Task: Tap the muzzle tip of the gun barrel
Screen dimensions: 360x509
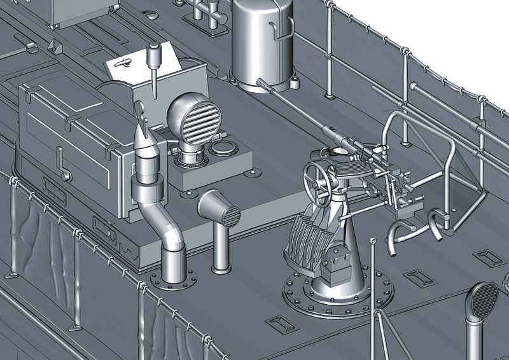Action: [x=260, y=81]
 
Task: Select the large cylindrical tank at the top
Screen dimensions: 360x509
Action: [x=263, y=45]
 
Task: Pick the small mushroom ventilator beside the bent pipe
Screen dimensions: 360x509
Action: [x=220, y=213]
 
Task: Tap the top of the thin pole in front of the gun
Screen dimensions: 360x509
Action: [x=372, y=242]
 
